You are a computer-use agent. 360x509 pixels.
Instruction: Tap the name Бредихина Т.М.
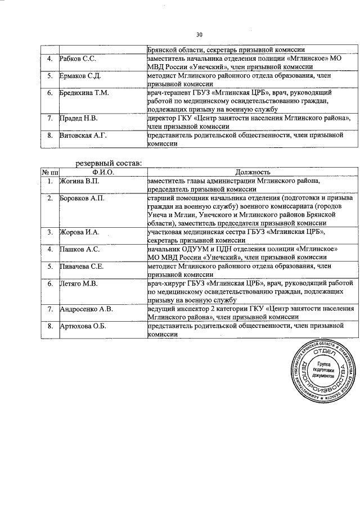pos(84,92)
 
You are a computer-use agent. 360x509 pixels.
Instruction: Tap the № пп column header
pos(50,172)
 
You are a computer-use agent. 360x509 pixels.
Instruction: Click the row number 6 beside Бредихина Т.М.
pos(50,92)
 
